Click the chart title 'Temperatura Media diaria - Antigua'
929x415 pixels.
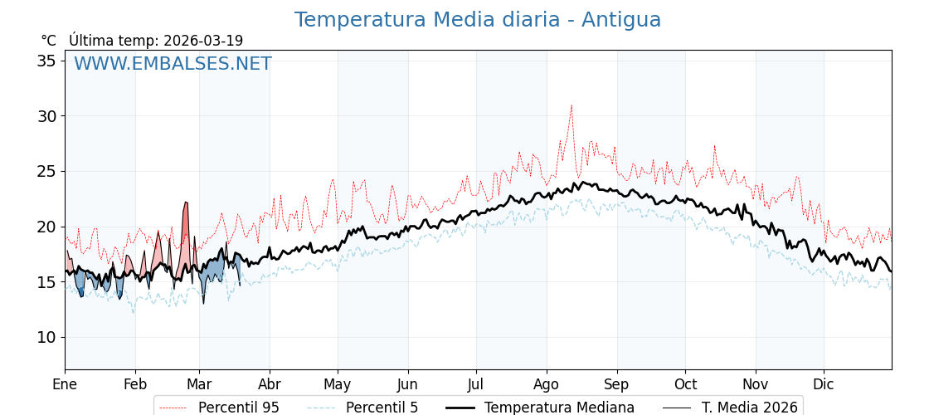coord(478,20)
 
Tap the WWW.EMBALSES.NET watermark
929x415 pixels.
coord(173,64)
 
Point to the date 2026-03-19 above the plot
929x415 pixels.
coord(203,41)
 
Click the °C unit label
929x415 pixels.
coord(48,41)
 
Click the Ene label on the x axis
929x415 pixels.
coord(65,384)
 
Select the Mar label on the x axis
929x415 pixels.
coord(199,384)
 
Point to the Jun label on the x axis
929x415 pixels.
coord(408,384)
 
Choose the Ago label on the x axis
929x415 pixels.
coord(547,384)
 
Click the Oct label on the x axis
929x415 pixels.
coord(685,384)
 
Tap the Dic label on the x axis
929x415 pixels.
coord(824,384)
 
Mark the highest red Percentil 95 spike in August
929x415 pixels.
coord(571,106)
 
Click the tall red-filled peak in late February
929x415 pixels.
coord(186,204)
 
